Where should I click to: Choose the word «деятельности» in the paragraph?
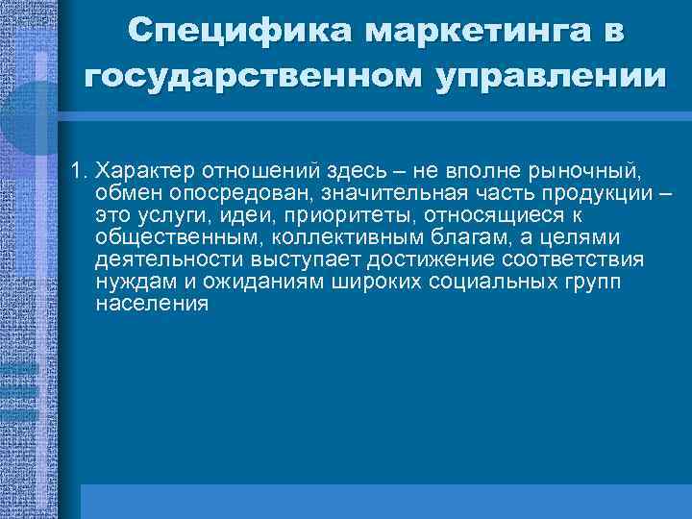coord(168,259)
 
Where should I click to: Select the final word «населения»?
coord(152,304)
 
